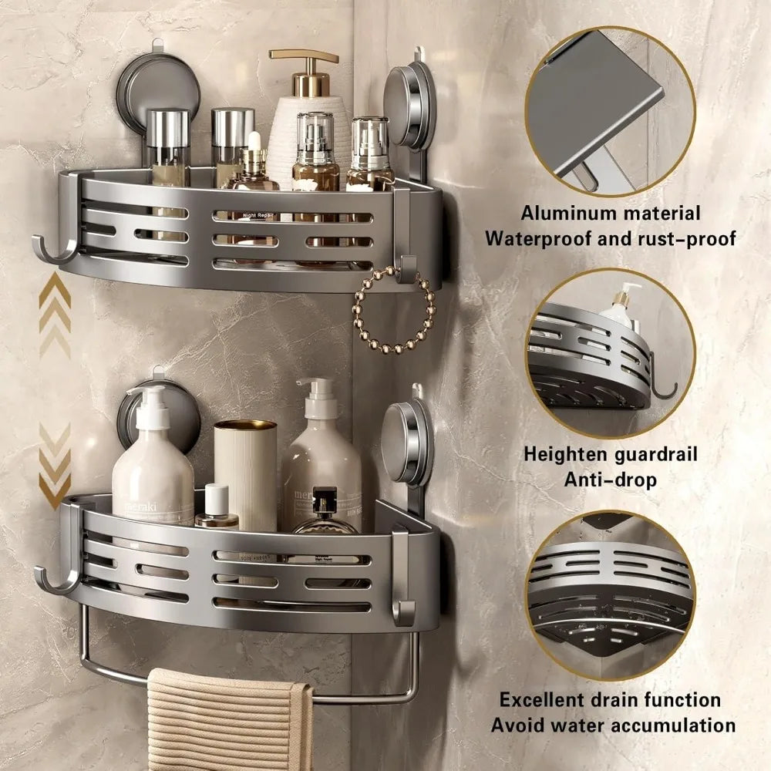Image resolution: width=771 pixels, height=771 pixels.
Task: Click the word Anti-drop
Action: pos(609,480)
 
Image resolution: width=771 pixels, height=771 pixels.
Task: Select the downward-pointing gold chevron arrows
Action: pos(55,466)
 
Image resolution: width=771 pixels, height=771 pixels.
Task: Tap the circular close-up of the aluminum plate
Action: pos(609,112)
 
